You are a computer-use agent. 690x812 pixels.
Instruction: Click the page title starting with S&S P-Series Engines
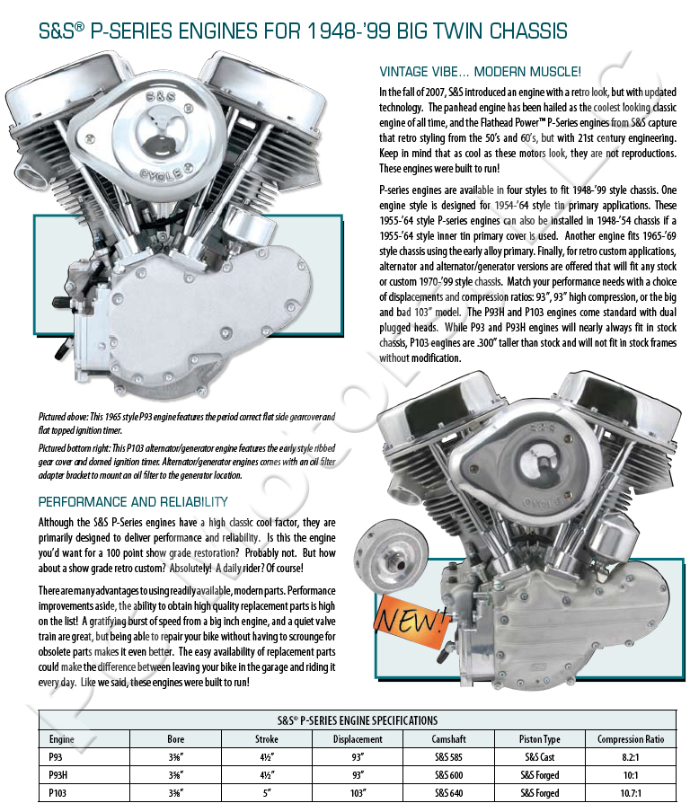[x=303, y=31]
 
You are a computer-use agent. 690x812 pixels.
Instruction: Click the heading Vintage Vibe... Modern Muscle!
[x=480, y=72]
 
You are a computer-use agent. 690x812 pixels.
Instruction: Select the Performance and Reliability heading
[x=133, y=501]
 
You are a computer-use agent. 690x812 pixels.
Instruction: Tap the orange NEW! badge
[x=411, y=617]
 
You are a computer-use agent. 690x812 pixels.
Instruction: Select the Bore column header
[x=176, y=739]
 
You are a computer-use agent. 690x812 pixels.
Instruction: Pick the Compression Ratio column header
[x=631, y=739]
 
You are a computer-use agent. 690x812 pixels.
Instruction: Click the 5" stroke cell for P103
[x=267, y=793]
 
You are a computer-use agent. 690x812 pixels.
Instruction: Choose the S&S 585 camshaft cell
[x=448, y=757]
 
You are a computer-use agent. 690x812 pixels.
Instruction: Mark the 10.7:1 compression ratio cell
[x=631, y=793]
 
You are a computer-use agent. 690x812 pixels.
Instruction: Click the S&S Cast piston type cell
[x=540, y=757]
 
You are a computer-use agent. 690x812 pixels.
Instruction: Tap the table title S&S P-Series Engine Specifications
[x=357, y=720]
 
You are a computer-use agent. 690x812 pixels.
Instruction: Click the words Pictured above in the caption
[x=67, y=418]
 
